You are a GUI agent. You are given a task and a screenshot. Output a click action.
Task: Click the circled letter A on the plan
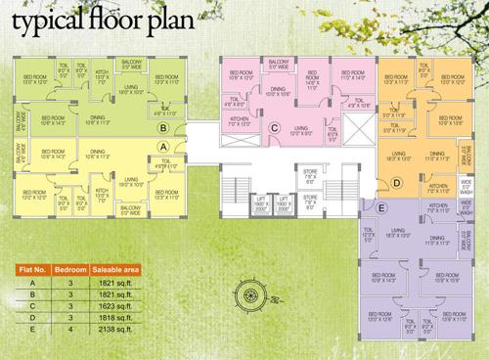tap(164, 146)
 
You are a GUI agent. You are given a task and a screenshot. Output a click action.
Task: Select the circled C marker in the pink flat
tap(276, 127)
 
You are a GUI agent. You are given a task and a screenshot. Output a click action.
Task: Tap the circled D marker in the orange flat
tap(396, 182)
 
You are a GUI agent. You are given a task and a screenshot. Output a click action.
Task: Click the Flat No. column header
tap(26, 267)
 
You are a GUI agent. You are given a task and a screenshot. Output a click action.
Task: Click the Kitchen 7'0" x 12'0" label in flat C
tap(239, 123)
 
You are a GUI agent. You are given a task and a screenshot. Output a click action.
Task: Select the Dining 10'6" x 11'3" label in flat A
tap(97, 153)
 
